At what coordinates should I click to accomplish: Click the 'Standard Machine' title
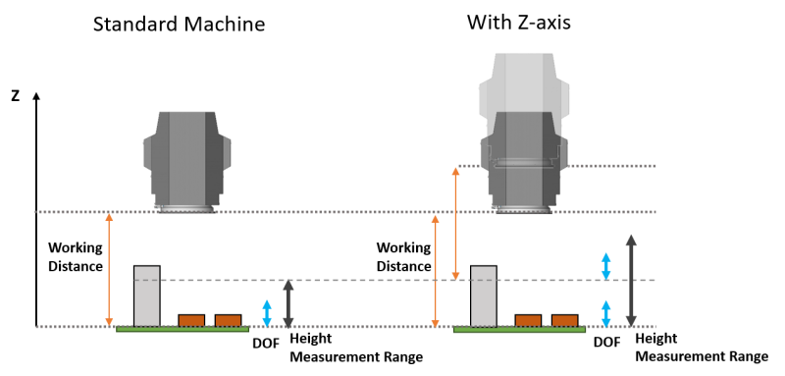179,24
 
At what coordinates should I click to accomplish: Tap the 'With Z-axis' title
519,22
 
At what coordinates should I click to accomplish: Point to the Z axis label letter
16,96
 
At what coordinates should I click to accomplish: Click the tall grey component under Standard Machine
146,295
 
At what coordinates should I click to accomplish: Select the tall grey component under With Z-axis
484,295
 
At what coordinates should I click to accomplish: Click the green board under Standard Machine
183,330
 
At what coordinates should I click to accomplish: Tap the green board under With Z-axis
519,330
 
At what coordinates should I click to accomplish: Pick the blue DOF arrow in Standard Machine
267,313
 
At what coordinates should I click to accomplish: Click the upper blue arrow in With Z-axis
605,266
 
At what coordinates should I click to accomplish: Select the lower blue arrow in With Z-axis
605,313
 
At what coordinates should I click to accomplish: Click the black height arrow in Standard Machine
288,303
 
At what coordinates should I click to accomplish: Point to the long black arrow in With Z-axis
631,281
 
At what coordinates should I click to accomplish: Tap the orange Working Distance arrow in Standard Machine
109,269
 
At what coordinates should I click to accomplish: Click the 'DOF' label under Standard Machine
265,344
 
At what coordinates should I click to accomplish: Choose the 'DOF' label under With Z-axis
606,343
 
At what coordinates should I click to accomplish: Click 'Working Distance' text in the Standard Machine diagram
76,256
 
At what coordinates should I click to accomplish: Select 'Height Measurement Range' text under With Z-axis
702,348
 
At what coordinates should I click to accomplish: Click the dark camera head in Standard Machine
187,163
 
